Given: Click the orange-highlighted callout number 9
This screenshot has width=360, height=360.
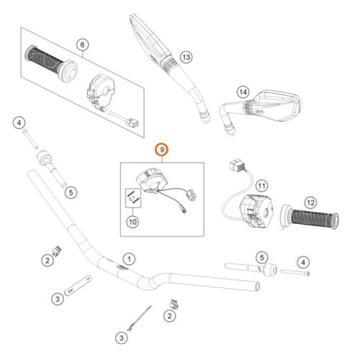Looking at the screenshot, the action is tap(162, 150).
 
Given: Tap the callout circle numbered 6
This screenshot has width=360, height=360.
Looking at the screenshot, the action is tap(82, 45).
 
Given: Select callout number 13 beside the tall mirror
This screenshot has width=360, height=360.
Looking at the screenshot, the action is tap(186, 58).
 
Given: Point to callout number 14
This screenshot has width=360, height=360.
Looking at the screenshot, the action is tap(243, 92).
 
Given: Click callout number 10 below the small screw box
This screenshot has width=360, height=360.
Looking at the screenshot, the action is tap(132, 222).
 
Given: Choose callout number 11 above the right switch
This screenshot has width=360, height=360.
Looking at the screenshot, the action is tap(261, 186).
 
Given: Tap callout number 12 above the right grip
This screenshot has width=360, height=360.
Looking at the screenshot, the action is tap(310, 203).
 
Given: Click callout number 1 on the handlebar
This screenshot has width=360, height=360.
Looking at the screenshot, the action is tap(129, 259).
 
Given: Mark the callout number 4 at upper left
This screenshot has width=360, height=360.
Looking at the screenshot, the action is tap(19, 123).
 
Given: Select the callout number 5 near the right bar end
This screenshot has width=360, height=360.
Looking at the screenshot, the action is tap(262, 258).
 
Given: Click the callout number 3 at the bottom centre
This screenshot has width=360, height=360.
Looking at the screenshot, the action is tap(122, 338).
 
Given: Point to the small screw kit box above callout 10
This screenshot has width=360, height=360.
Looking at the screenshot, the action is tap(133, 198).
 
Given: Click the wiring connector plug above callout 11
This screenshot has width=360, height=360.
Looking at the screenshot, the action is tap(238, 166).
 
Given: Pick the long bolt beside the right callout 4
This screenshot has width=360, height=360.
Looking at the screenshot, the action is tap(295, 272).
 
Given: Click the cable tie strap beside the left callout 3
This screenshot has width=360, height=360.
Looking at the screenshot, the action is tap(78, 286).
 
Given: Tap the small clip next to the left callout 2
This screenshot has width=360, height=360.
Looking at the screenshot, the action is tap(57, 251).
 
